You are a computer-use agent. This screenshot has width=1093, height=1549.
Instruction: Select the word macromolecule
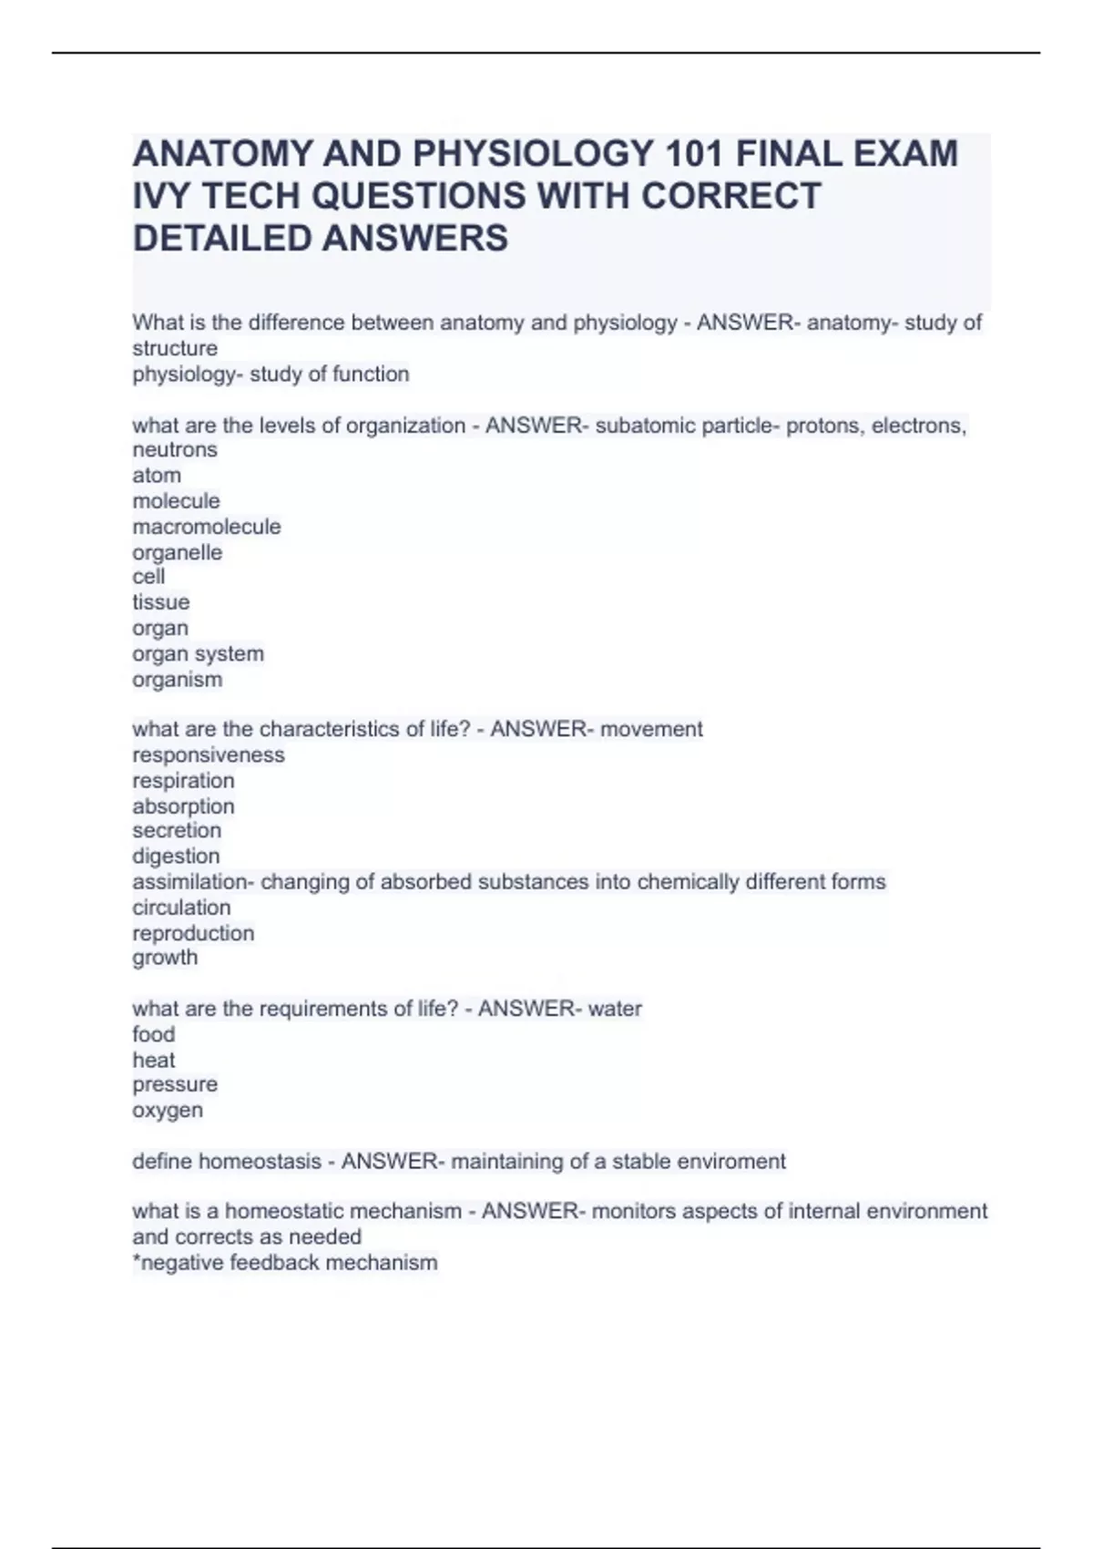tap(207, 527)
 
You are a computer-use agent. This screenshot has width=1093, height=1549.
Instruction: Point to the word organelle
tap(177, 552)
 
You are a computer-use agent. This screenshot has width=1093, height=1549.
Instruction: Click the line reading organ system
tap(198, 653)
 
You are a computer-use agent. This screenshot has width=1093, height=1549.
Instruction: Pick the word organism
tap(177, 680)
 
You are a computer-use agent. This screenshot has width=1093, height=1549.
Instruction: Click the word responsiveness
tap(208, 754)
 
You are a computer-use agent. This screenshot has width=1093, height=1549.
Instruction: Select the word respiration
tap(183, 780)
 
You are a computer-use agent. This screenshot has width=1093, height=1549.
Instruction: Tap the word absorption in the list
tap(183, 806)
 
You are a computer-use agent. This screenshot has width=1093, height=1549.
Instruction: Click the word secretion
tap(177, 830)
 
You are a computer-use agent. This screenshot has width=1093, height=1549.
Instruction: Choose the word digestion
tap(176, 857)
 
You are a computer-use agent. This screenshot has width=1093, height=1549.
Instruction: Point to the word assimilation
tap(191, 882)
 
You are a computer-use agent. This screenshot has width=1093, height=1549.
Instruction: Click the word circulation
tap(181, 908)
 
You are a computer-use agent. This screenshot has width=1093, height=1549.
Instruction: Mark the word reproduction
tap(193, 933)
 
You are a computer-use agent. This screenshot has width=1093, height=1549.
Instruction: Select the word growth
tap(165, 958)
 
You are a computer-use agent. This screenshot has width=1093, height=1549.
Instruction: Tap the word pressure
tap(175, 1084)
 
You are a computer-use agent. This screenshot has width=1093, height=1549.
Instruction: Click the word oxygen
tap(168, 1111)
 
